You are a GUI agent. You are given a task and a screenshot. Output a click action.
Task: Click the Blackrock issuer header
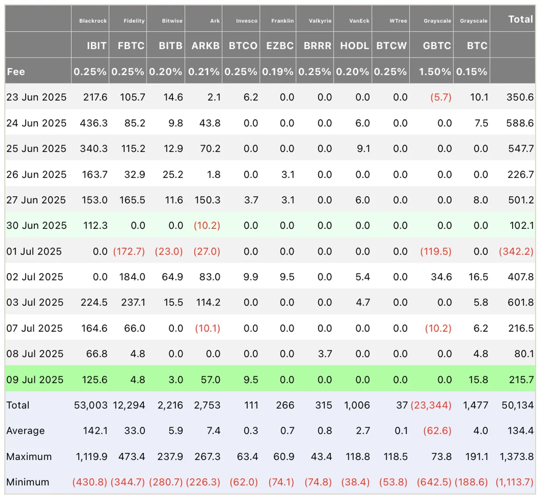[93, 21]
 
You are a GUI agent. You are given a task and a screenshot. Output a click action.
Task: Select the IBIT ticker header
[97, 46]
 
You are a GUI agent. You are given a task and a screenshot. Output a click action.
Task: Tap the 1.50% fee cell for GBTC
[435, 72]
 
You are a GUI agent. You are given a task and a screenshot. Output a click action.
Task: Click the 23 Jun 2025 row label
[36, 97]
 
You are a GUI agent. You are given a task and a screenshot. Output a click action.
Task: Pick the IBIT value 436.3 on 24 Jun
[93, 123]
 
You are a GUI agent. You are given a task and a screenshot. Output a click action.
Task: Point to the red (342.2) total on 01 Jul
[516, 251]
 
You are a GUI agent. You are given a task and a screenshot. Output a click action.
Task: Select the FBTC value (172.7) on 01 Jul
[129, 251]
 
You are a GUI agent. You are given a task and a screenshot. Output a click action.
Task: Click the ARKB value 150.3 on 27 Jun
[207, 200]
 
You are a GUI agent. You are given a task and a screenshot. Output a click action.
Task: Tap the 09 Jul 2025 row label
[35, 380]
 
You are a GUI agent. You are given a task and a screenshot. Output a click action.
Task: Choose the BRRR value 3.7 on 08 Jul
[325, 353]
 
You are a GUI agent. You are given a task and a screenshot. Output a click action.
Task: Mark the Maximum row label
[29, 456]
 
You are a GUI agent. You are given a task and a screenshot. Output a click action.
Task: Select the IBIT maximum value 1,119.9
[91, 456]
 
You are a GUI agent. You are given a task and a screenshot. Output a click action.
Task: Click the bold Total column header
[520, 19]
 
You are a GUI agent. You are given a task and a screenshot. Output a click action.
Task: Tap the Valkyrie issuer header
[320, 21]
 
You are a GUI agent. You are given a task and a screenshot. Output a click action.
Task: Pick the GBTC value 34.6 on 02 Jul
[441, 277]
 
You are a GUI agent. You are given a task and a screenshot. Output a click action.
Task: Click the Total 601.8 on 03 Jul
[520, 302]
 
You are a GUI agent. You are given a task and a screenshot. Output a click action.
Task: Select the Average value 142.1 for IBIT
[95, 431]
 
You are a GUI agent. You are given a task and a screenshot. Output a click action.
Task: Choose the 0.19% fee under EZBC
[278, 72]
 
